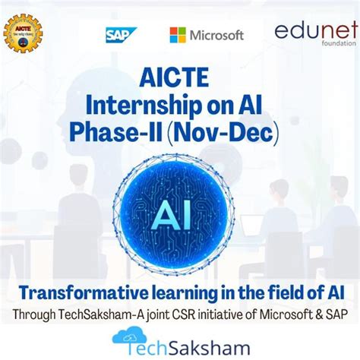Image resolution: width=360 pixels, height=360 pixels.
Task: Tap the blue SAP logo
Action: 121,34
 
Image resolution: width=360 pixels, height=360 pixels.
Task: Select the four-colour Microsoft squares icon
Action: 178,35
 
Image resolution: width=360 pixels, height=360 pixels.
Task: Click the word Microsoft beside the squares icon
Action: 216,35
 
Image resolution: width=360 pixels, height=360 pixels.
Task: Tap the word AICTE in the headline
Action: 179,77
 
